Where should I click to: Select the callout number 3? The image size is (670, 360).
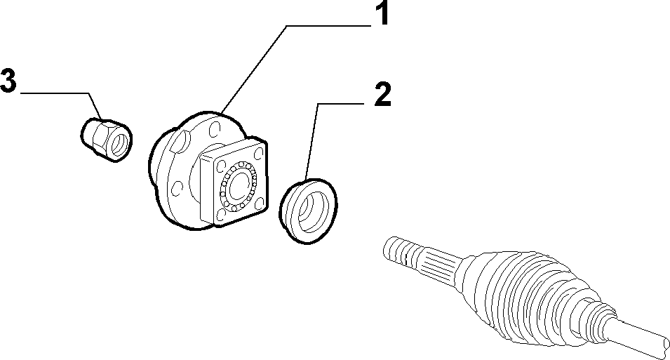point(8,81)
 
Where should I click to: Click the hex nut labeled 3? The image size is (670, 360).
point(106,140)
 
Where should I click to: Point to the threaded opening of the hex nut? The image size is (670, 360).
point(119,144)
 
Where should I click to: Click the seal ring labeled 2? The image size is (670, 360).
point(309,211)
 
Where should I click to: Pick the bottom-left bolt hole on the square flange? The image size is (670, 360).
point(220,214)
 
